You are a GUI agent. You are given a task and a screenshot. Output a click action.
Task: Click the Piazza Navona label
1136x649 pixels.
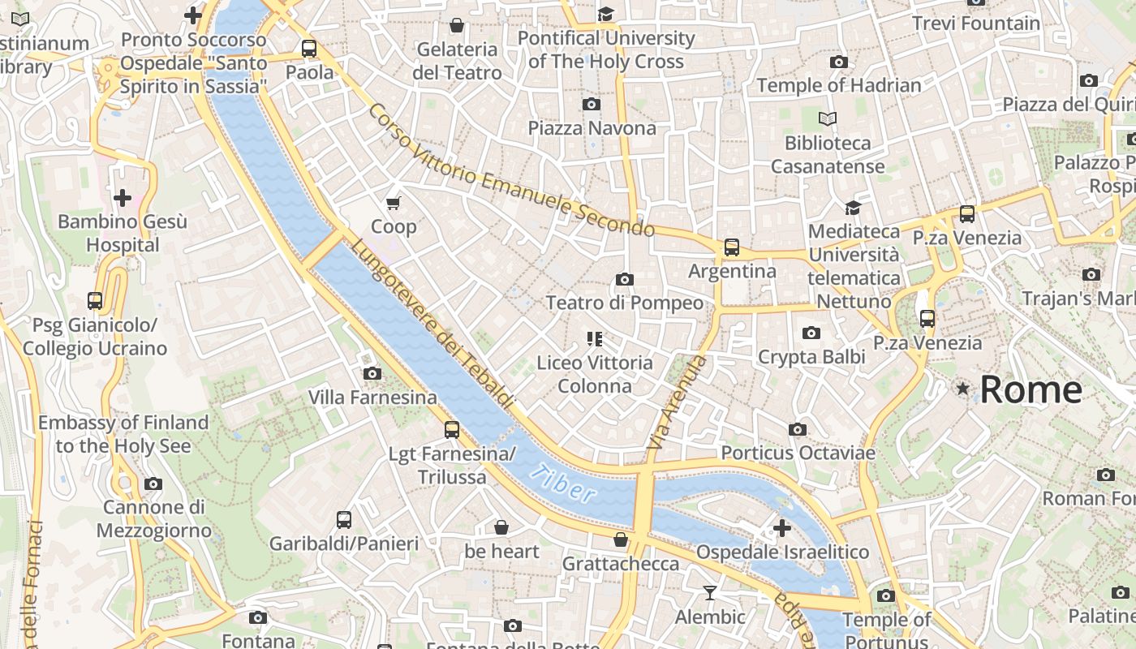pos(592,128)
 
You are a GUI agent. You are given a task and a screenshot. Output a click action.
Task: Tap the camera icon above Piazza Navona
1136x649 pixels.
pos(592,104)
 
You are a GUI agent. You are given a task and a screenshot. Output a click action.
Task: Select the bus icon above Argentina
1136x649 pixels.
pos(732,247)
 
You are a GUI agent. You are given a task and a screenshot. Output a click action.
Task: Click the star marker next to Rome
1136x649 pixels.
pos(963,389)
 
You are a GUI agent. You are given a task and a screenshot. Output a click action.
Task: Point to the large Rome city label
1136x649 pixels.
pos(1031,390)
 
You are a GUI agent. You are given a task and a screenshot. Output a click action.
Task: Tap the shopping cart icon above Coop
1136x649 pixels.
pos(394,203)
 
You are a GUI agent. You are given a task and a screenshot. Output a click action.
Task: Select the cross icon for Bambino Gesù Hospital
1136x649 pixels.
pos(123,197)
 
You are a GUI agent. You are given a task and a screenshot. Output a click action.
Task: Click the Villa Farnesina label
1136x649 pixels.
pos(372,398)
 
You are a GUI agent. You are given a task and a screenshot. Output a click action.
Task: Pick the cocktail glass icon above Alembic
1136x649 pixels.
pos(710,593)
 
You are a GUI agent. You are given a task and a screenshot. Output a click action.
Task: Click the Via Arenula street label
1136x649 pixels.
pos(677,404)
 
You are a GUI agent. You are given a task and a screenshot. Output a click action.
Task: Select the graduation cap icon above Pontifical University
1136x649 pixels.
pos(605,14)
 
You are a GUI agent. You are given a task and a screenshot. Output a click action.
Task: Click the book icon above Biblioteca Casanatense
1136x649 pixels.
pos(827,119)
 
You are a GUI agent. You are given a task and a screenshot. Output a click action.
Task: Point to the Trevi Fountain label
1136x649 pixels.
pos(975,24)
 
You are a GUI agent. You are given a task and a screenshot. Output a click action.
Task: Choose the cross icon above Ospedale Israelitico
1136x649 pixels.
pos(782,529)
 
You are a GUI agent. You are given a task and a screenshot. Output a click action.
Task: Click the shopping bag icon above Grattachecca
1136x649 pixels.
pos(621,539)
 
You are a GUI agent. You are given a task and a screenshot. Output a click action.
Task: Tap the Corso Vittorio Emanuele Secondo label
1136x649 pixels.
pos(510,170)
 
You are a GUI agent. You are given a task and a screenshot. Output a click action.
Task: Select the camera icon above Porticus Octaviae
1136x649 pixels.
pos(798,429)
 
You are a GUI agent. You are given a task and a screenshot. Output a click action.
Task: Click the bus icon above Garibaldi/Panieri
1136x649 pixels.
pos(344,519)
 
